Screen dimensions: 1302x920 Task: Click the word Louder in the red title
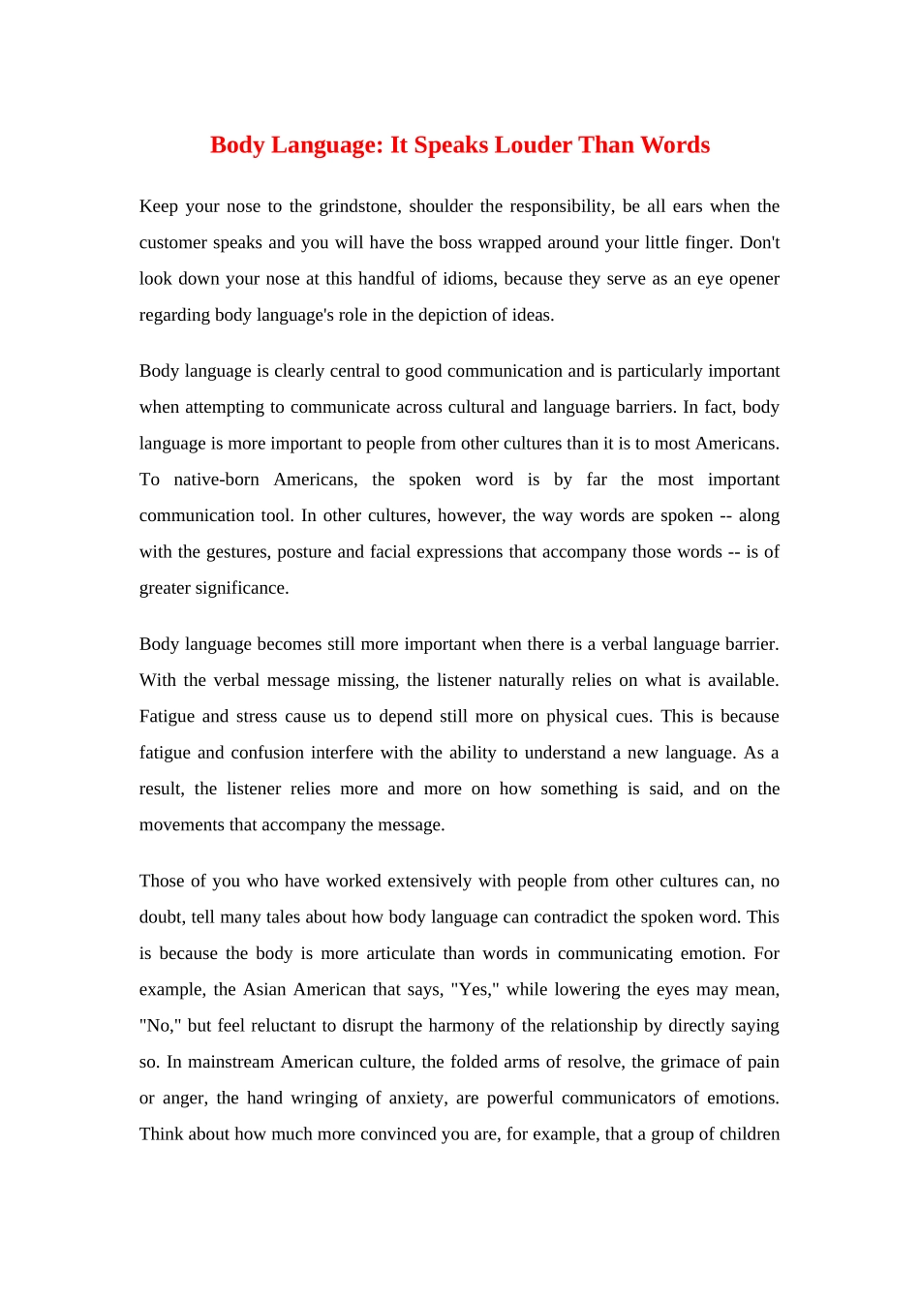coord(533,145)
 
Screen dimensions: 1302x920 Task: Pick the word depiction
coord(452,315)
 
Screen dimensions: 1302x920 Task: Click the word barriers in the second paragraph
coord(643,407)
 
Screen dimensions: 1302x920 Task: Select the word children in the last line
coord(746,1134)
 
